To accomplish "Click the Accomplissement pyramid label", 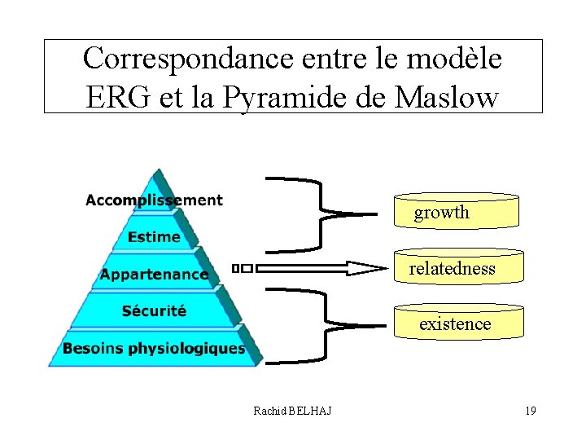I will click(x=154, y=200).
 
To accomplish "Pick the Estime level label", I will click(x=154, y=237).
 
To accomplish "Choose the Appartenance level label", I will click(x=154, y=275).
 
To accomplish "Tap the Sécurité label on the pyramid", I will click(x=154, y=310).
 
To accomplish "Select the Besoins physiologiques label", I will click(x=154, y=349).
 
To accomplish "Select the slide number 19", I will click(x=530, y=411).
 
